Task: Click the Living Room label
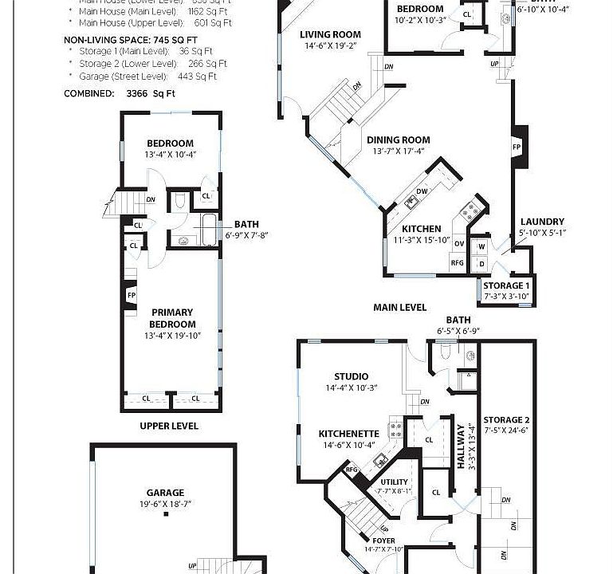coord(330,35)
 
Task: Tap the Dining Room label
coord(399,140)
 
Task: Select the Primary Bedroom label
coord(172,318)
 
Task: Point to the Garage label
coord(165,493)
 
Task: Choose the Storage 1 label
coord(506,285)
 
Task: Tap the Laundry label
coord(542,222)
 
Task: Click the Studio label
coord(352,376)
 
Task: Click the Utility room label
coord(394,482)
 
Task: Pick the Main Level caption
coord(399,307)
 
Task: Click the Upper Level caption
coord(169,426)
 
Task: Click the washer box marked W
coord(481,247)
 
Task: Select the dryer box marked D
coord(481,262)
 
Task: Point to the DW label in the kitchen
coord(422,191)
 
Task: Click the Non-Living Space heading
coord(131,38)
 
